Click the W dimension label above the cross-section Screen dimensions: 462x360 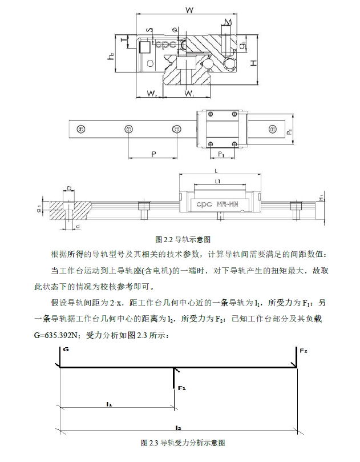(x=191, y=10)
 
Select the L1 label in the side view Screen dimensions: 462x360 (x=217, y=181)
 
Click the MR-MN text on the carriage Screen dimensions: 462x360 (x=232, y=203)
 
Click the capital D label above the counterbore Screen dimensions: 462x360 (x=68, y=187)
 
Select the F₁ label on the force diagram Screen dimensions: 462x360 (x=181, y=388)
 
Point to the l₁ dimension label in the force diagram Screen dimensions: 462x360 (x=109, y=403)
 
